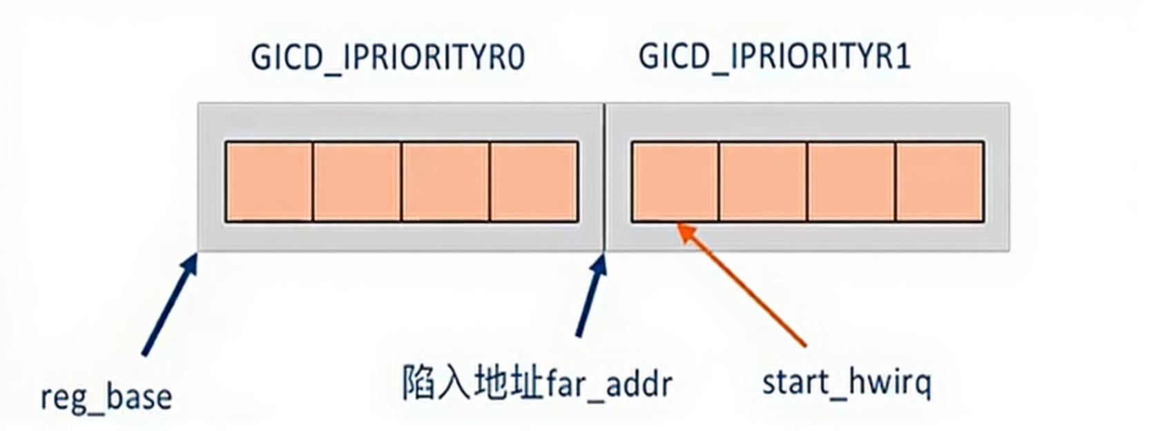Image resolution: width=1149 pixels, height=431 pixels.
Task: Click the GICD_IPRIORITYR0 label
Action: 387,57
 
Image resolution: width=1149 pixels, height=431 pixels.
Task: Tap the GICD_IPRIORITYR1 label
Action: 775,55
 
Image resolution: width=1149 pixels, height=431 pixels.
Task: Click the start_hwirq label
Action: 847,383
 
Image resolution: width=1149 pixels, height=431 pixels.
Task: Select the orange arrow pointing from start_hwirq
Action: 743,285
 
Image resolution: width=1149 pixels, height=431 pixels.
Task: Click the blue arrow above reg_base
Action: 170,305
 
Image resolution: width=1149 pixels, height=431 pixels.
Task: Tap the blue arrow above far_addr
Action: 591,296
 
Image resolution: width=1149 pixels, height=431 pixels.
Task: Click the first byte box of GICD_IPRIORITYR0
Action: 269,182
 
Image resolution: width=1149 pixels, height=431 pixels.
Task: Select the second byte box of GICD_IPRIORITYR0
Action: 357,182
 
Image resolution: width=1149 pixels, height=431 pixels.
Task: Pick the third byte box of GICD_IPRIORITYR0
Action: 445,182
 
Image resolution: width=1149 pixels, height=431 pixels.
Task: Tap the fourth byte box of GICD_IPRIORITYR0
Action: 534,182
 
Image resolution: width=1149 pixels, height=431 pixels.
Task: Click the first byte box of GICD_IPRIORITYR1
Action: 675,182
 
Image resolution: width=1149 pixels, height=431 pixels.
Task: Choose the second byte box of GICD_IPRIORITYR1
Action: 763,182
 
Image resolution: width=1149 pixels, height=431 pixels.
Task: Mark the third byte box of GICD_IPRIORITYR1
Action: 851,182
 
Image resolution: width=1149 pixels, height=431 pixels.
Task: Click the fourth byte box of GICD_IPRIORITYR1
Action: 940,182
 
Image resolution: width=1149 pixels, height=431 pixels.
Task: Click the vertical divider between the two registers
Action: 604,177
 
